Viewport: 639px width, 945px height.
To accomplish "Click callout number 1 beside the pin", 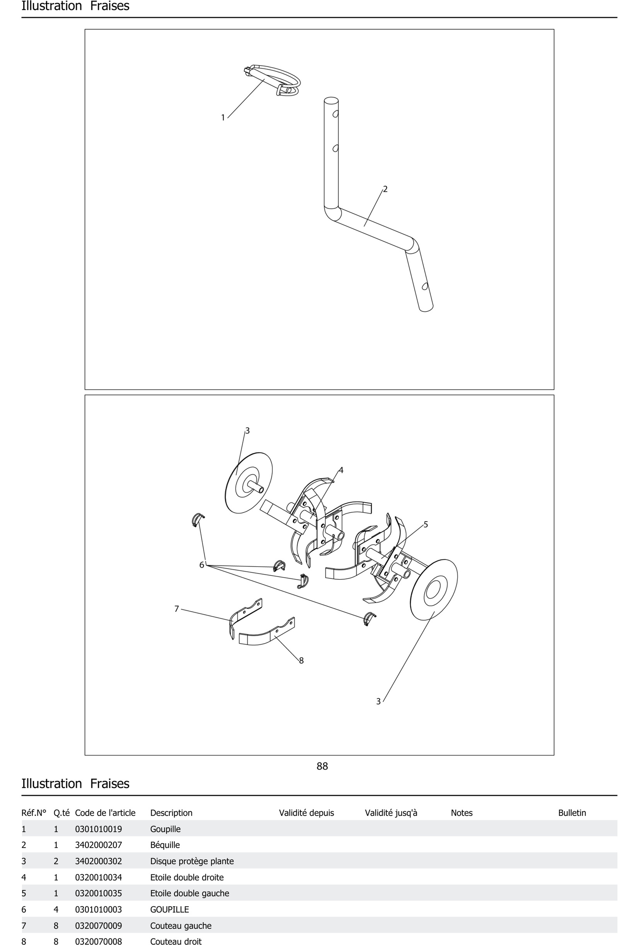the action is [x=223, y=118].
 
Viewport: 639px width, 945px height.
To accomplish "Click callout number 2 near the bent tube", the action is [x=385, y=189].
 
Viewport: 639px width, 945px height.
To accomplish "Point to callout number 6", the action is [x=202, y=565].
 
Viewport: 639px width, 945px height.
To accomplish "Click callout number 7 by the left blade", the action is [x=176, y=609].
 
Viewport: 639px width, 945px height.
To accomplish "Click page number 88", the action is [x=322, y=766].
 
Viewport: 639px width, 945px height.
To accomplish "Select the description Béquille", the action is [x=165, y=845].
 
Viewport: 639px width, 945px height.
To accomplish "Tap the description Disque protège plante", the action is [x=192, y=861].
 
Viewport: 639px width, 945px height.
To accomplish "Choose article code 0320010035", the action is [x=98, y=893].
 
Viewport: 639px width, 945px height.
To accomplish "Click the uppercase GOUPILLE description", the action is [x=170, y=910].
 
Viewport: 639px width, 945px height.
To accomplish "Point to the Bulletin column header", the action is [x=572, y=813].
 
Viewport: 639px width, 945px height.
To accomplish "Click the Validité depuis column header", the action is [x=307, y=813].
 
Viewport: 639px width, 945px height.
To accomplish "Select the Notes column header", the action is [x=462, y=813].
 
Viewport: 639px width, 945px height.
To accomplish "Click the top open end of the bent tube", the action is [x=331, y=100].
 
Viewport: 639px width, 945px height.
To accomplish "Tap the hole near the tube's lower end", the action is [x=425, y=286].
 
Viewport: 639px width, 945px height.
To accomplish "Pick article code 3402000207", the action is [x=98, y=845].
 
